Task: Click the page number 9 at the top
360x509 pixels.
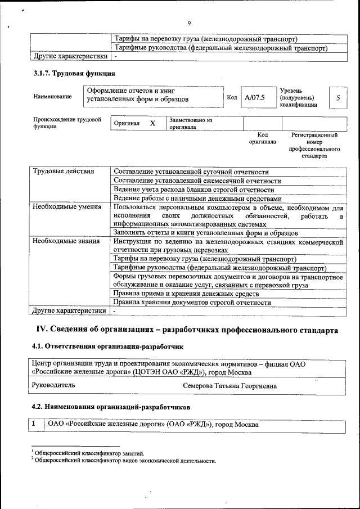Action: (x=189, y=23)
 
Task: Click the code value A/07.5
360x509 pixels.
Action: (x=255, y=97)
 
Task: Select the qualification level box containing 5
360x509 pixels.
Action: (x=337, y=97)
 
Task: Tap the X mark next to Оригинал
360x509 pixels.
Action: (x=152, y=123)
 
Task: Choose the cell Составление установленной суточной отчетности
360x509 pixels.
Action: (x=191, y=172)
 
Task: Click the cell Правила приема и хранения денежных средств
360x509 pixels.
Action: (x=186, y=294)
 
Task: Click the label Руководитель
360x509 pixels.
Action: (x=54, y=385)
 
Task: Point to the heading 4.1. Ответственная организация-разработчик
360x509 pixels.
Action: (x=107, y=346)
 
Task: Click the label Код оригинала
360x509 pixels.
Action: (x=262, y=138)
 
